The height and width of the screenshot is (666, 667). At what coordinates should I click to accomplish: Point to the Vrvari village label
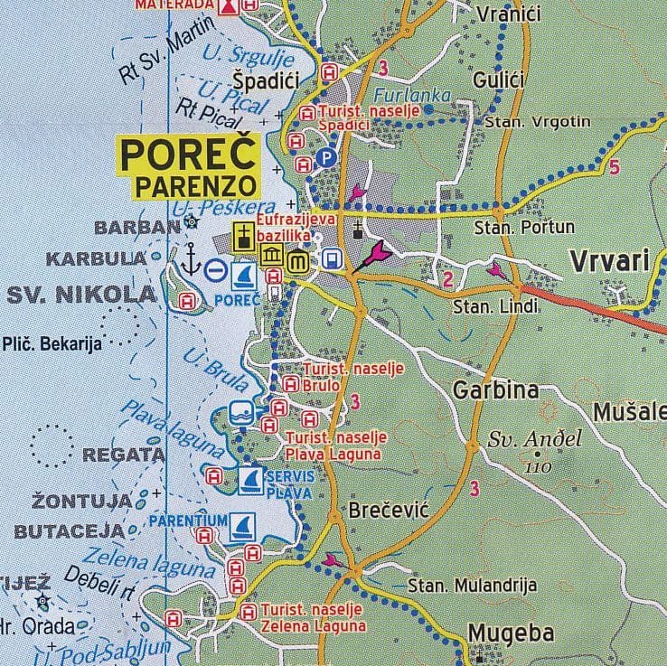point(610,261)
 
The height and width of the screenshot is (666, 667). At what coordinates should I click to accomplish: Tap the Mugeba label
point(511,634)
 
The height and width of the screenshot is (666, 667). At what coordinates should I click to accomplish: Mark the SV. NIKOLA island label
point(82,294)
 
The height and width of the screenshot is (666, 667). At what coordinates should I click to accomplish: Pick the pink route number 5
point(614,166)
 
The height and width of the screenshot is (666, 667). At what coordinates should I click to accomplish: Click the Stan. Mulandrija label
point(472,586)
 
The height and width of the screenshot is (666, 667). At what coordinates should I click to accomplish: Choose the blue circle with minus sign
point(216,269)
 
